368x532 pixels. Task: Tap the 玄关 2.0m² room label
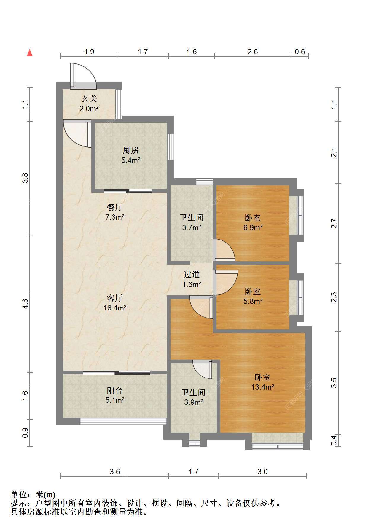(89, 103)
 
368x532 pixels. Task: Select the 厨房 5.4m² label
(130, 155)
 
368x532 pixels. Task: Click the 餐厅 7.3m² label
(114, 212)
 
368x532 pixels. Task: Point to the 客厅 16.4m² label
(115, 303)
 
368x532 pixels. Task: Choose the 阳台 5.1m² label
(114, 395)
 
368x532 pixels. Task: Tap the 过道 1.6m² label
(192, 280)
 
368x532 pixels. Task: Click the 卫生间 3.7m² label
(192, 222)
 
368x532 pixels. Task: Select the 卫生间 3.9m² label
(193, 397)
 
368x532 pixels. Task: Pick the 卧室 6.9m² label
(253, 223)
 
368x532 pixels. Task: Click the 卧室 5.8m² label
(253, 296)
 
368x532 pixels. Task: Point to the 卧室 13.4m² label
(262, 382)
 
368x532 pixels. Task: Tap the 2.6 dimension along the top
(252, 52)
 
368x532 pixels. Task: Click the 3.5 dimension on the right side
(334, 383)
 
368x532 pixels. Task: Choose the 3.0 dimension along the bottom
(262, 472)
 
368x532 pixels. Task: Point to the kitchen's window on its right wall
(171, 147)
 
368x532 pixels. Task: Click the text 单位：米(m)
(33, 495)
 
